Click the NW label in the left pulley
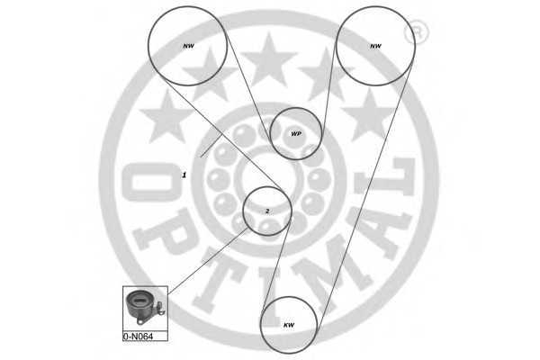tap(188, 46)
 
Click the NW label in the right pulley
tap(375, 46)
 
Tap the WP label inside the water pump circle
tap(296, 134)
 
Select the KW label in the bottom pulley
tap(289, 325)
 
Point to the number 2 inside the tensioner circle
tap(267, 211)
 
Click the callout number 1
tap(184, 175)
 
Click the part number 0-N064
tap(138, 337)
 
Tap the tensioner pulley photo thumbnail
tap(145, 308)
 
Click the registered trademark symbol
tap(416, 33)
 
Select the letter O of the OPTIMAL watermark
tap(151, 182)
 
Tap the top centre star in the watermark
tap(269, 59)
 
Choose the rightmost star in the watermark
tap(369, 115)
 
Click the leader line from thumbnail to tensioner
tap(208, 261)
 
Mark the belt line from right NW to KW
tap(364, 196)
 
